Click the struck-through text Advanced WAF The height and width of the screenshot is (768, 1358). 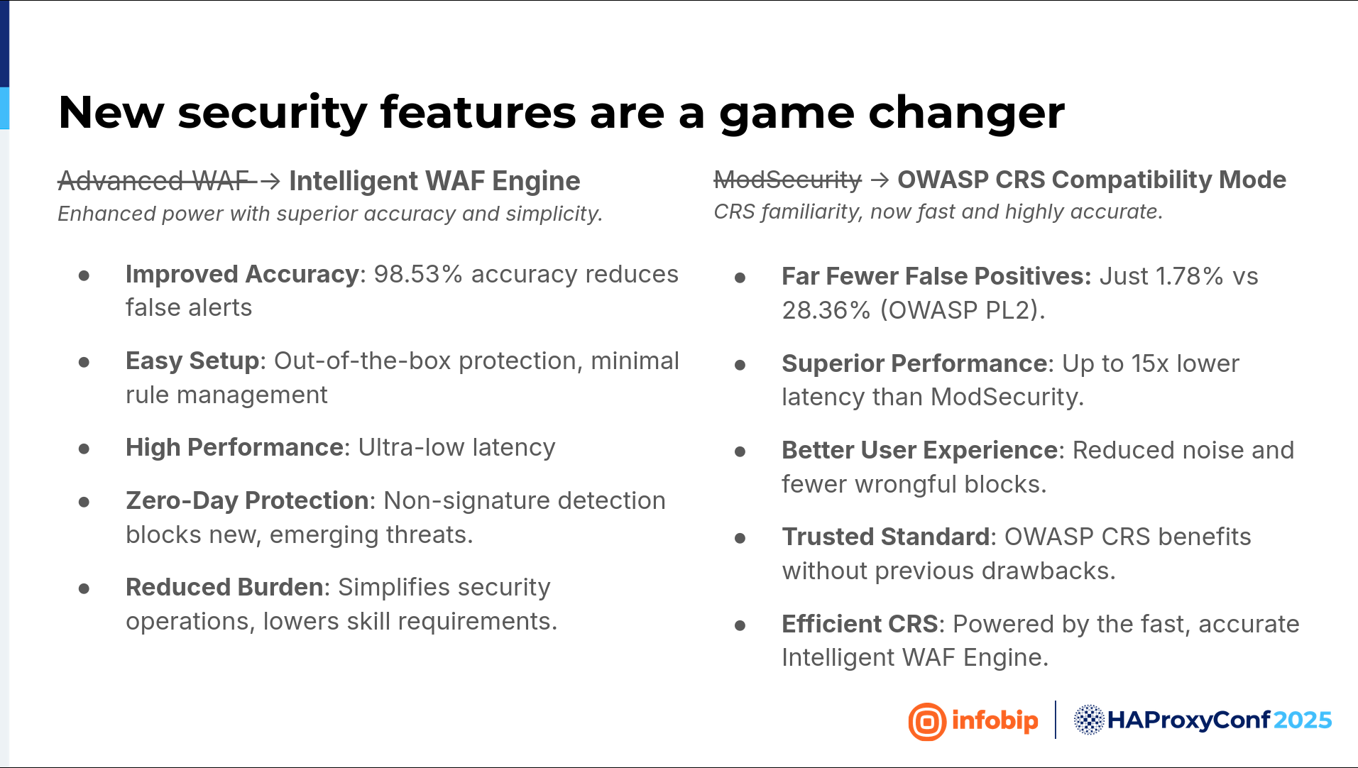tap(153, 181)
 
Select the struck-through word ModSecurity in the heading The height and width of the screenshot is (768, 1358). tap(787, 180)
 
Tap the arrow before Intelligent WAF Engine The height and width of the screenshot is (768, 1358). tap(270, 182)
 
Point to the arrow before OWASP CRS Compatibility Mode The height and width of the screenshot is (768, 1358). tap(880, 180)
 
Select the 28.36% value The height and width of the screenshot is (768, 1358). tap(826, 310)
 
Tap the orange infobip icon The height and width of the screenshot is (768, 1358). tap(927, 722)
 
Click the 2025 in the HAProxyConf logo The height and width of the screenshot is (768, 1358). tap(1303, 720)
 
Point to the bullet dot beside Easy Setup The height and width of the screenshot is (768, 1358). tap(84, 362)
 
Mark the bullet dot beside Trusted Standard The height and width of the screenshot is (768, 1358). tap(740, 538)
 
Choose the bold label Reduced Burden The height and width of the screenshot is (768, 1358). tap(224, 587)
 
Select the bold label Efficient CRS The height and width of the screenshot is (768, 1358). tap(860, 624)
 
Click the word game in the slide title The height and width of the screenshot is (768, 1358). tap(787, 114)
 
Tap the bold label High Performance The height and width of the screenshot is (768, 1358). tap(234, 447)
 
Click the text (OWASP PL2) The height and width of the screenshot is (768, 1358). tap(963, 310)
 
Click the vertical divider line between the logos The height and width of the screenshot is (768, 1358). tap(1056, 720)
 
